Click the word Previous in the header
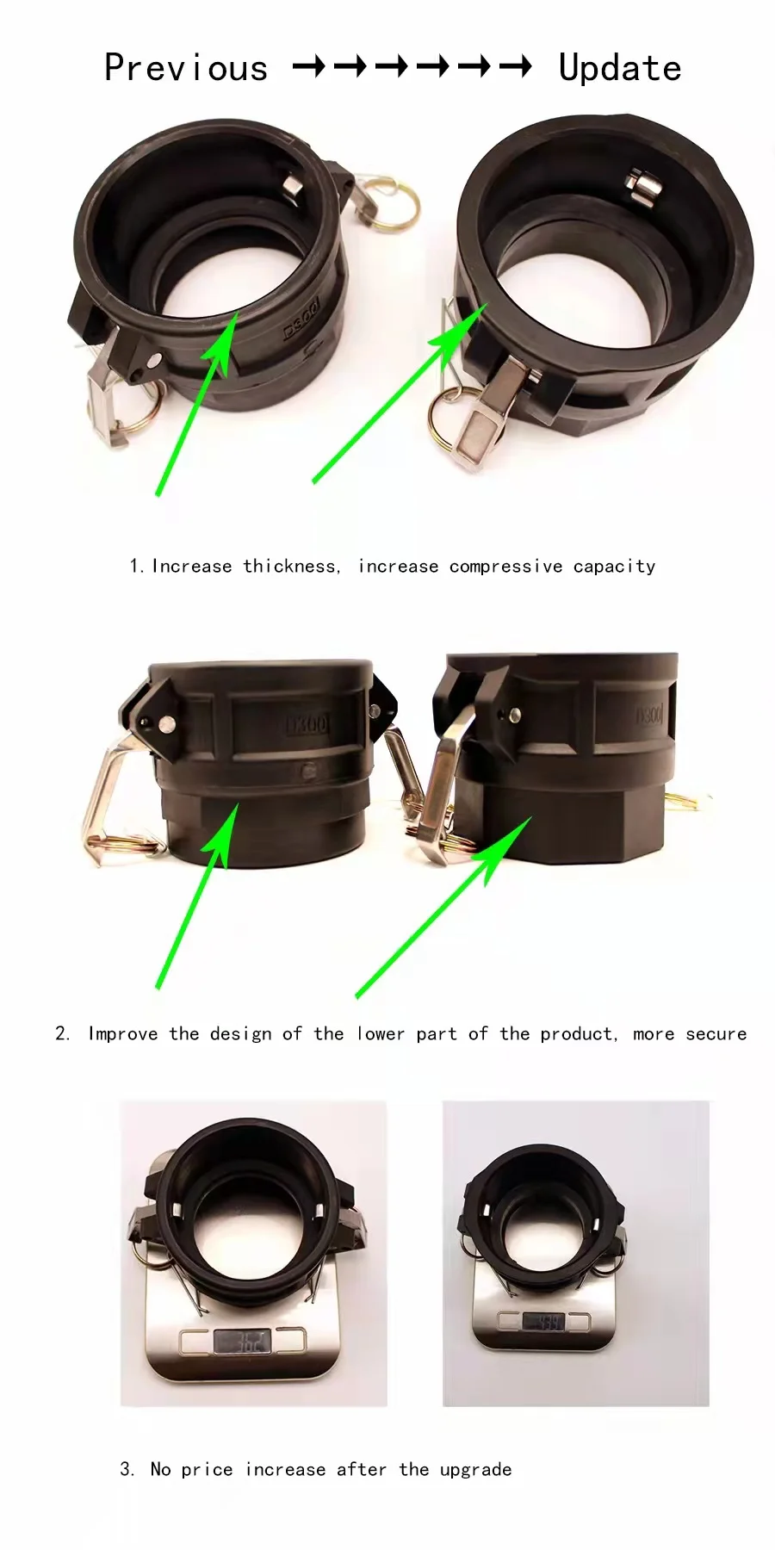tap(186, 68)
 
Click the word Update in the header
tap(619, 68)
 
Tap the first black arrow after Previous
tap(308, 66)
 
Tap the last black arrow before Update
tap(515, 66)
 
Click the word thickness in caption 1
tap(290, 566)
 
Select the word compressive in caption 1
tap(505, 567)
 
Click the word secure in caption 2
tap(716, 1033)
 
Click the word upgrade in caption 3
tap(475, 1469)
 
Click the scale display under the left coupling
tap(243, 1342)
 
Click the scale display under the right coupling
tap(543, 1322)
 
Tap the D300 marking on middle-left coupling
tap(307, 724)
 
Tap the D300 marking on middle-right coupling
tap(648, 716)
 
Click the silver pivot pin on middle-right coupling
tap(514, 714)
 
